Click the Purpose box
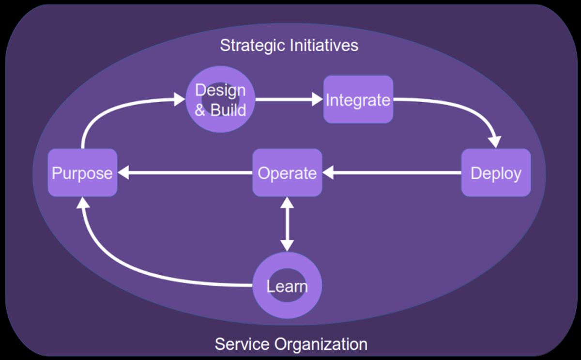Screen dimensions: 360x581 82,173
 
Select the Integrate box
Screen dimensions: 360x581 358,100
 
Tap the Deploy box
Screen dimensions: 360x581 496,173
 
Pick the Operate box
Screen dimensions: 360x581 287,173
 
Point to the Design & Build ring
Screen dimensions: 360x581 220,121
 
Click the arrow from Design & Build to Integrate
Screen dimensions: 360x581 289,100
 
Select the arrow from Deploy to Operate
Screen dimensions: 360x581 392,172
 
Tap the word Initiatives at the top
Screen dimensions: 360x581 324,46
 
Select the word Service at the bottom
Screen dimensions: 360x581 243,344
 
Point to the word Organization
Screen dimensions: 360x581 321,344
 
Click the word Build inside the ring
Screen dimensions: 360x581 228,110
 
